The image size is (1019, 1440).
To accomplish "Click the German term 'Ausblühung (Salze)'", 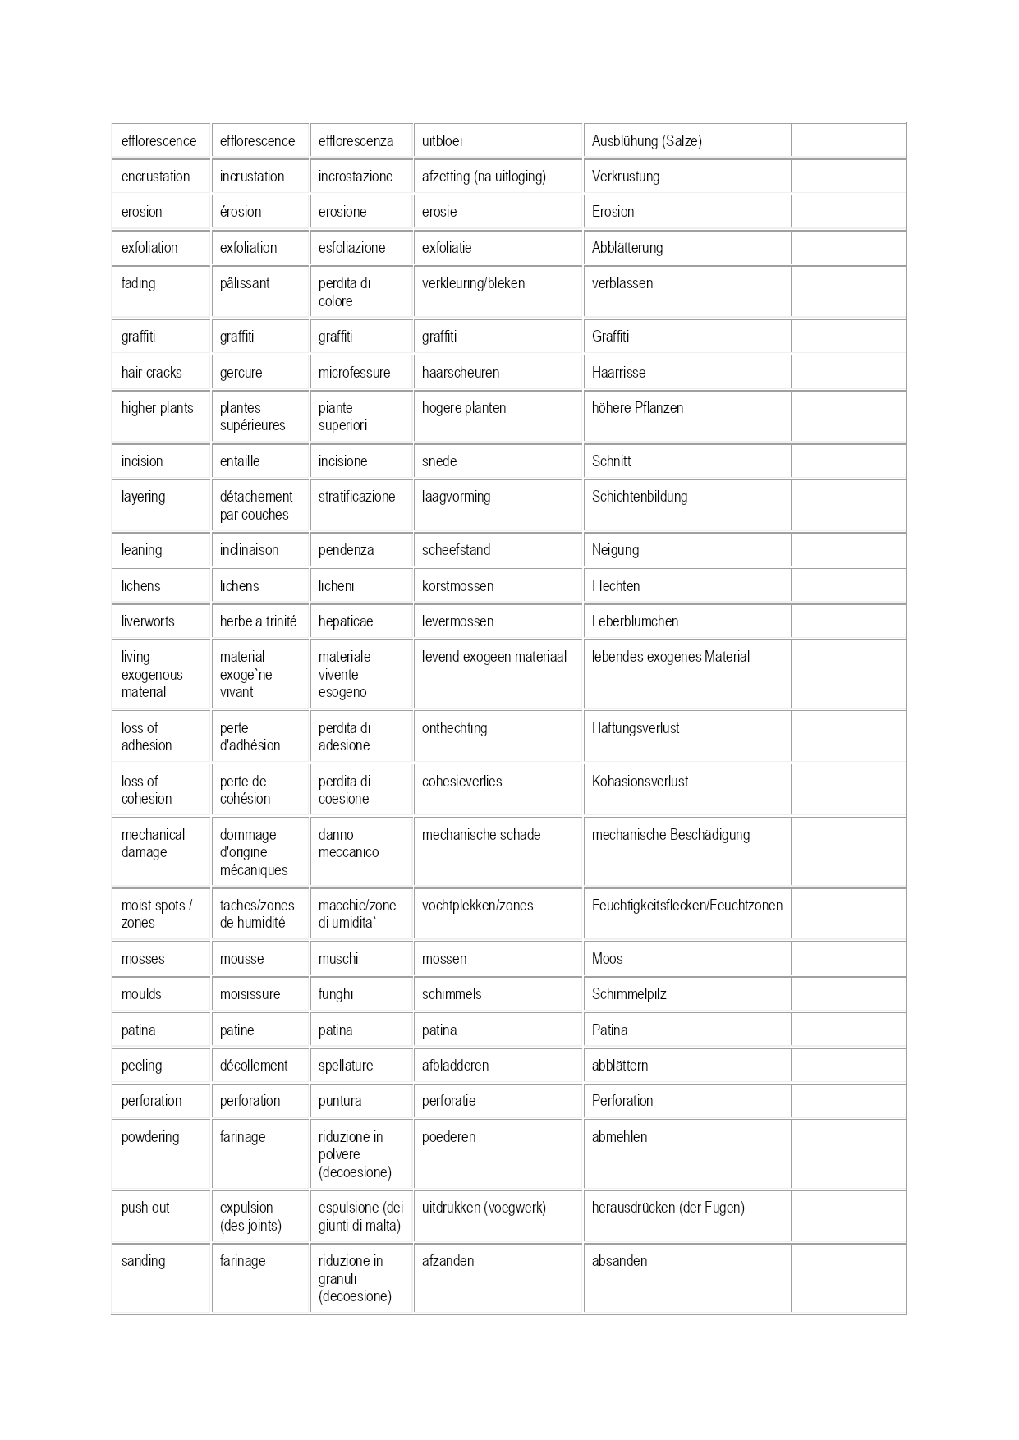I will click(x=646, y=141).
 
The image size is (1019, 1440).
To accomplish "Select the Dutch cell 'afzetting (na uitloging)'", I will click(x=484, y=177).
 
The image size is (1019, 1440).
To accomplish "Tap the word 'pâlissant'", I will click(x=245, y=283).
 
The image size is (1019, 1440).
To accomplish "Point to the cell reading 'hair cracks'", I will click(x=151, y=373).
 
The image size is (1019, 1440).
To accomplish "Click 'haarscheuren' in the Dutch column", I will click(x=460, y=373).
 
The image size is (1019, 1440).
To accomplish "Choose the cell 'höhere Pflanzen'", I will click(x=637, y=408).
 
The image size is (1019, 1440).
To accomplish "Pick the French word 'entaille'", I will click(x=240, y=461).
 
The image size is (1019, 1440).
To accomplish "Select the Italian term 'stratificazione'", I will click(x=356, y=497).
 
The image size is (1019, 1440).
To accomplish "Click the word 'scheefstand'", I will click(x=456, y=550).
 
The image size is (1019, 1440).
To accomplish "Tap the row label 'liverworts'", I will click(x=148, y=621).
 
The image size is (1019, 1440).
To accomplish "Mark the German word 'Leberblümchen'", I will click(x=635, y=621).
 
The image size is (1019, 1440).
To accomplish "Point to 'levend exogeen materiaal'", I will click(x=494, y=657).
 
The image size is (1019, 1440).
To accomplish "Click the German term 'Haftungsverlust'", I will click(x=636, y=728).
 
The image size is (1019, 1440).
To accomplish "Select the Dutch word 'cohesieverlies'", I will click(x=461, y=782).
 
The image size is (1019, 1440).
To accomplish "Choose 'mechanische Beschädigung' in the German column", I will click(x=671, y=835).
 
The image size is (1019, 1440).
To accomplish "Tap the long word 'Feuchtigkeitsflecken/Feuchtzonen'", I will click(x=686, y=906).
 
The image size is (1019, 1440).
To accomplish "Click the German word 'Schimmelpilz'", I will click(x=629, y=994).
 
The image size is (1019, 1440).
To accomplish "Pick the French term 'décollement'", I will click(x=254, y=1066).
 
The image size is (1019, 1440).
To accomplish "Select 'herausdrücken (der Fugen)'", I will click(x=668, y=1208).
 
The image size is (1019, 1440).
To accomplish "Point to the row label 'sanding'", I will click(x=143, y=1261).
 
